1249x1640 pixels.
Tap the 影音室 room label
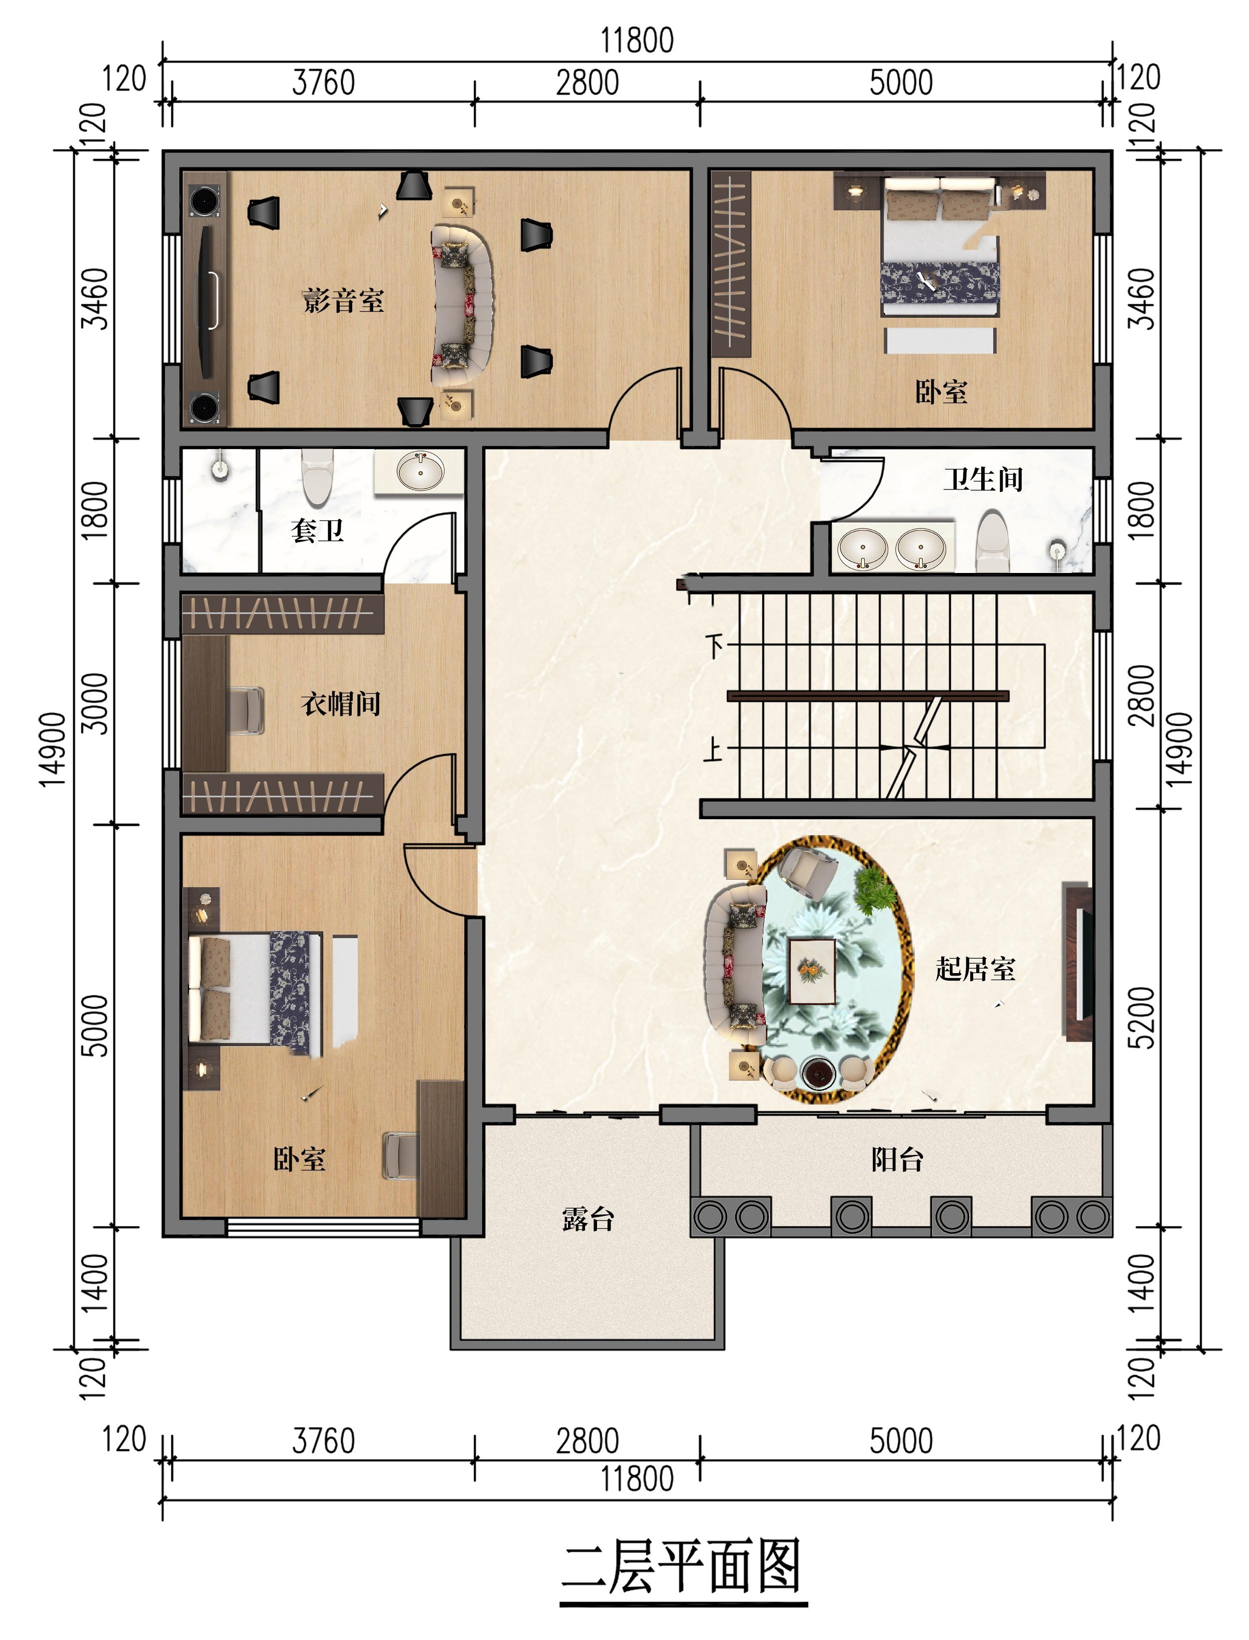coord(344,300)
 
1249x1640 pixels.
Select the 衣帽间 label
coord(341,703)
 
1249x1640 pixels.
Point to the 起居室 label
coord(975,969)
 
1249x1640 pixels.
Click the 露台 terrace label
coord(588,1219)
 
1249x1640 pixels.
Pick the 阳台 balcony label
coord(897,1159)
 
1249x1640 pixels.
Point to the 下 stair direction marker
coord(714,645)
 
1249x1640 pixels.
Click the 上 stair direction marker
coord(713,749)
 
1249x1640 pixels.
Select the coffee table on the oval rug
coord(812,971)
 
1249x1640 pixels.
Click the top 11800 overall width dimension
coord(637,40)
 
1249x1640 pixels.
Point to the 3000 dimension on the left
coord(94,703)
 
